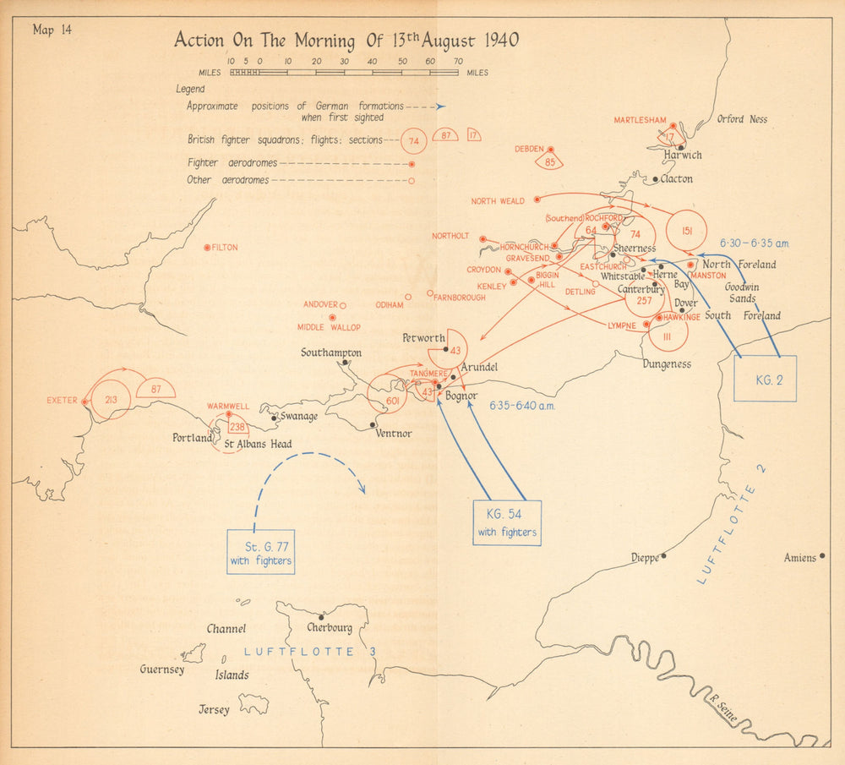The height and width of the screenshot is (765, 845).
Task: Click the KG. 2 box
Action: pos(765,380)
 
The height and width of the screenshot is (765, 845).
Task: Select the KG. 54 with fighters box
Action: pos(507,523)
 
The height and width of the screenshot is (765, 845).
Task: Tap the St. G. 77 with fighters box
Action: pos(261,552)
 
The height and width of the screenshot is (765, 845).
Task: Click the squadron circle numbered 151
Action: pos(686,231)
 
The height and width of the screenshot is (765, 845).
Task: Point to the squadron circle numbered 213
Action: pos(111,399)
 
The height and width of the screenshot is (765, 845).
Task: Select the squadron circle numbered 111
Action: pos(668,336)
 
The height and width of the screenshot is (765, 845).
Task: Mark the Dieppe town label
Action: pos(645,558)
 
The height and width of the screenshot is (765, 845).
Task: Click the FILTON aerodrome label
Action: pos(225,248)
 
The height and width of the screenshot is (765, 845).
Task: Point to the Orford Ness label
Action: pos(742,120)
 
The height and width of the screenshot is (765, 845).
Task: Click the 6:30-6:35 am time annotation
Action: pos(754,243)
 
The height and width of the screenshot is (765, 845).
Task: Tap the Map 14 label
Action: pos(52,30)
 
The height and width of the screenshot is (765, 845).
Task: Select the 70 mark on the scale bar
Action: pos(457,62)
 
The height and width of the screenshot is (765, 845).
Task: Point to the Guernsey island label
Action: pos(161,669)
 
